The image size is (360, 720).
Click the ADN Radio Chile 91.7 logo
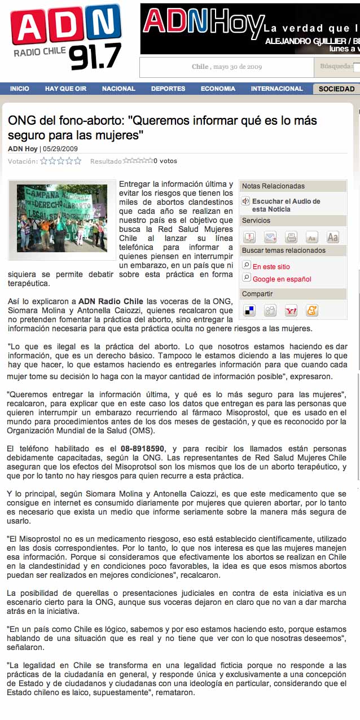pos(67,37)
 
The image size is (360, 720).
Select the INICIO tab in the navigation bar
pos(20,89)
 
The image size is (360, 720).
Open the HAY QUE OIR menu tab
pos(65,89)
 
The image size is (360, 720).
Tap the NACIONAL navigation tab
pos(118,89)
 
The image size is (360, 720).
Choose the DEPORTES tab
pos(168,89)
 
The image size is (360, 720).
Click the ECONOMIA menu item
pos(218,89)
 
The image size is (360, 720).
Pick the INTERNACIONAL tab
pos(277,89)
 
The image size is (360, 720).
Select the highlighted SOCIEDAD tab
pos(336,89)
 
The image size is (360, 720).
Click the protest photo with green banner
pos(62,218)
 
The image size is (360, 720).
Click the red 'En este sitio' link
pos(271,267)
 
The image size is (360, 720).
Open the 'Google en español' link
pos(282,279)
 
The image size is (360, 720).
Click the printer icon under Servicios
pos(291,237)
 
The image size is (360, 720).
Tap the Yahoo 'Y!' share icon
pos(291,310)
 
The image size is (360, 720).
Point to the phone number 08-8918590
pos(143,449)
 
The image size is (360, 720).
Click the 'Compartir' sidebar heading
pos(257,294)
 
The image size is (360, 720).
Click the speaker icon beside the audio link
pos(246,201)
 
